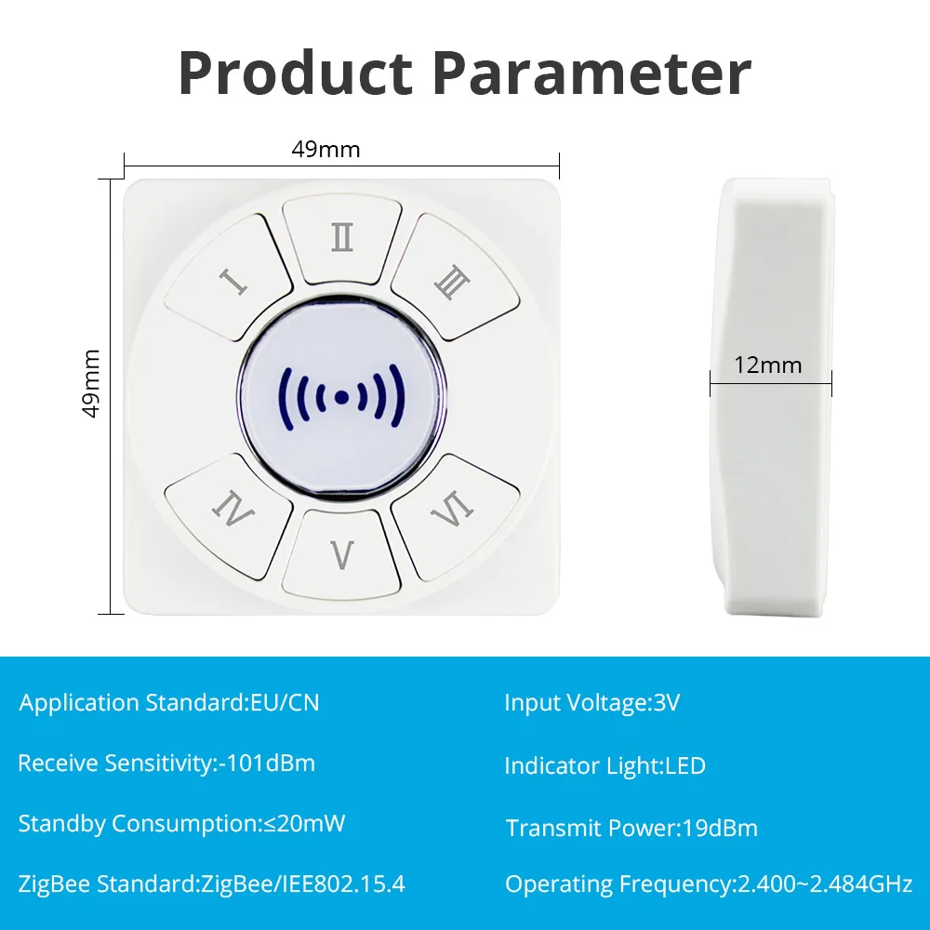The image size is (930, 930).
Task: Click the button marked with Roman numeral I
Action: click(x=230, y=278)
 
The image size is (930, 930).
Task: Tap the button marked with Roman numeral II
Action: click(x=341, y=238)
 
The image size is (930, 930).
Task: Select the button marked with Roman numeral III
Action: click(x=455, y=278)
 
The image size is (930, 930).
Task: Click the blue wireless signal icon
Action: click(x=341, y=397)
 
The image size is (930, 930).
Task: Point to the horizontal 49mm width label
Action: click(x=325, y=150)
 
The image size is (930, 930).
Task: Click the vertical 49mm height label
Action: click(x=91, y=383)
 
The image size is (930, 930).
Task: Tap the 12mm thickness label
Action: click(x=768, y=365)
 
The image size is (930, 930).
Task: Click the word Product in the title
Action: click(x=296, y=73)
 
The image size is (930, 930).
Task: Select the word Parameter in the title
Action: click(x=591, y=73)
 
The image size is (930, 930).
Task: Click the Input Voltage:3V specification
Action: click(x=591, y=703)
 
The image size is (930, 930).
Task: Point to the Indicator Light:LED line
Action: click(x=605, y=765)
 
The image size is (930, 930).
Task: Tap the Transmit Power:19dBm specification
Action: click(x=631, y=828)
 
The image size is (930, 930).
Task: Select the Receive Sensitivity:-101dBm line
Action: click(x=166, y=764)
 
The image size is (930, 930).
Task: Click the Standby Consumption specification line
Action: click(x=181, y=824)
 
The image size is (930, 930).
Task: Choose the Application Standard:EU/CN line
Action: click(x=169, y=703)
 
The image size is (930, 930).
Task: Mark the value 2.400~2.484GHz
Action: click(x=824, y=884)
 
